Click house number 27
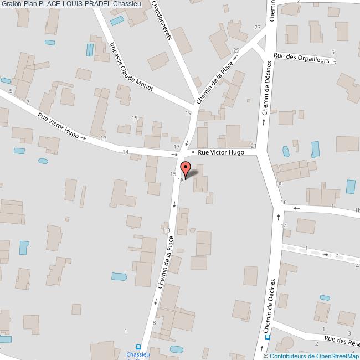257,27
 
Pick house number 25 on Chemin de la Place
236,51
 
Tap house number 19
188,113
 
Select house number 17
176,147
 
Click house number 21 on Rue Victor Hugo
254,146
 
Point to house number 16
284,203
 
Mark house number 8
154,322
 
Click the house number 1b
357,210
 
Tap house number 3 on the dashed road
337,254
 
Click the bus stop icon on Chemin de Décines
268,336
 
